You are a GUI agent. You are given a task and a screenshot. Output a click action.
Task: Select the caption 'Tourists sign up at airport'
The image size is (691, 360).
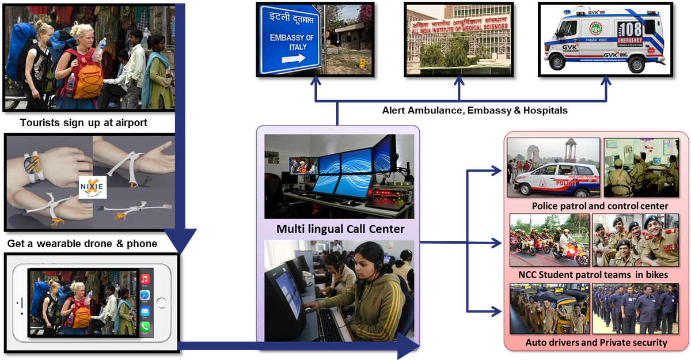click(83, 123)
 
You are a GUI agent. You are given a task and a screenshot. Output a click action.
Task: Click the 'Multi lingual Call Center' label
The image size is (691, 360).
click(340, 229)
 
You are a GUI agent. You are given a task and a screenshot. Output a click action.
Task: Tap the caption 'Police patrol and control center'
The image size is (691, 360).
click(599, 206)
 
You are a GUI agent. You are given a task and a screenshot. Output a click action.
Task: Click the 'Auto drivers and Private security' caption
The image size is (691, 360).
click(596, 343)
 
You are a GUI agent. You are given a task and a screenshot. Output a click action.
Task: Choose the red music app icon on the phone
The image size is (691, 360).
click(145, 280)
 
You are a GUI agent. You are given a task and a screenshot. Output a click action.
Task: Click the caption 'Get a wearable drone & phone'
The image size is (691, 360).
click(82, 244)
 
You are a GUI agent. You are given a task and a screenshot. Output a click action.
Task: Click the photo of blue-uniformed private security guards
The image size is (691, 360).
click(635, 309)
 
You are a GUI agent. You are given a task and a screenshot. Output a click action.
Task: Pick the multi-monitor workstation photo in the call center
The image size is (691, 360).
click(339, 176)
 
